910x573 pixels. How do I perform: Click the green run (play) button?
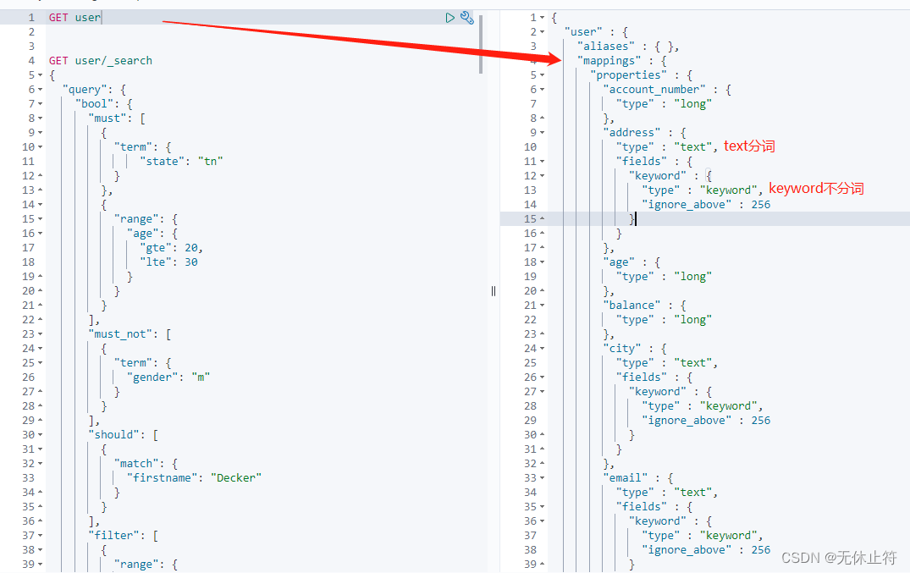pos(449,18)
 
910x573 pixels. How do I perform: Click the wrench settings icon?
pos(467,18)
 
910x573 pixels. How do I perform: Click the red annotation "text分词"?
pos(749,146)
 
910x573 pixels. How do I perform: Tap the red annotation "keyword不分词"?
pos(816,189)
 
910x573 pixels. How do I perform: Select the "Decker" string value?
pos(235,478)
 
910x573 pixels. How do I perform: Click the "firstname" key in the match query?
pos(162,478)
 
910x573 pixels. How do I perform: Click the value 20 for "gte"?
pos(191,248)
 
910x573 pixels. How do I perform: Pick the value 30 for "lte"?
pos(191,262)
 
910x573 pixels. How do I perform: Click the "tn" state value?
pos(210,162)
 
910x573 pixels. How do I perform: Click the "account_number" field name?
pos(654,90)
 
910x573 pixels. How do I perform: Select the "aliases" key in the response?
pos(606,47)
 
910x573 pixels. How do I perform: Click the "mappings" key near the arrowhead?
pos(609,61)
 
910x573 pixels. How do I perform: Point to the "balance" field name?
pos(631,306)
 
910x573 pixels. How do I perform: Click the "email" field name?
pos(625,478)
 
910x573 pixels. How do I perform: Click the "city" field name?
pos(622,349)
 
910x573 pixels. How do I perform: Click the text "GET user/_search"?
pos(101,61)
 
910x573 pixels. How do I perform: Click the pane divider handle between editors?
pos(494,291)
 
